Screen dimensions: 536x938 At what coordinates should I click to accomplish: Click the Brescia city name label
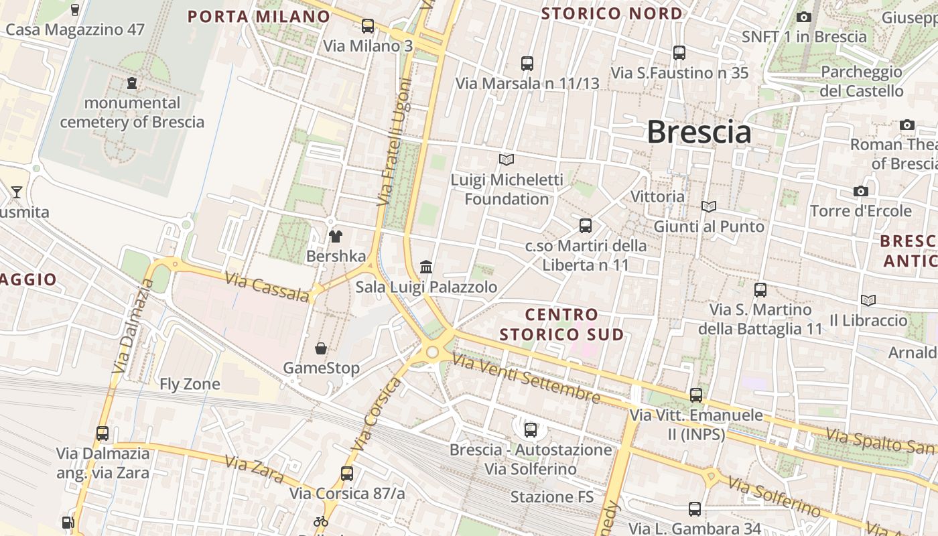pos(699,132)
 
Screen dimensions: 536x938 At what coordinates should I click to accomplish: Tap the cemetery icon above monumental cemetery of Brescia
pos(132,83)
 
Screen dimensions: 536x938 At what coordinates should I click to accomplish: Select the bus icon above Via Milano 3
pos(367,26)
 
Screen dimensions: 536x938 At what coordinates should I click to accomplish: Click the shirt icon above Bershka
pos(336,236)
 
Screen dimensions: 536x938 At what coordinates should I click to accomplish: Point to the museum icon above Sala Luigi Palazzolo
pos(426,267)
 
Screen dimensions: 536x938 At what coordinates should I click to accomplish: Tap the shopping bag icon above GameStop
pos(321,348)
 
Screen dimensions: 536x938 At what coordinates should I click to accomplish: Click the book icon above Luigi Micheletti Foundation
pos(507,159)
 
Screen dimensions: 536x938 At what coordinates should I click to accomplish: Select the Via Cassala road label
pos(267,287)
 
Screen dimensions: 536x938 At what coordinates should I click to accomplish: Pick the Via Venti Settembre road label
pos(526,379)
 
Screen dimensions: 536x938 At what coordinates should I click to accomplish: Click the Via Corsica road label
pos(377,414)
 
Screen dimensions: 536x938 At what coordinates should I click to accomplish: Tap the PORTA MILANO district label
pos(259,17)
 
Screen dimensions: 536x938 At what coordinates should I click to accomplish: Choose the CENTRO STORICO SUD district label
pos(561,324)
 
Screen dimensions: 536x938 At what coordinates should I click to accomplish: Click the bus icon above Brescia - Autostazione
pos(531,429)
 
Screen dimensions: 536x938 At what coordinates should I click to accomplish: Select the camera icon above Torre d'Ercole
pos(861,192)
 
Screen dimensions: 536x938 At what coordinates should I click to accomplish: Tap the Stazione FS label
pos(552,497)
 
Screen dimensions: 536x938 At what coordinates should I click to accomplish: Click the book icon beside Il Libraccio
pos(868,301)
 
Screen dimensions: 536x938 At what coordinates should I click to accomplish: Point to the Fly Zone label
pos(190,384)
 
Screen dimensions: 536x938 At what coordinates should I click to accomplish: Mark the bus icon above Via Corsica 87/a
pos(346,473)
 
